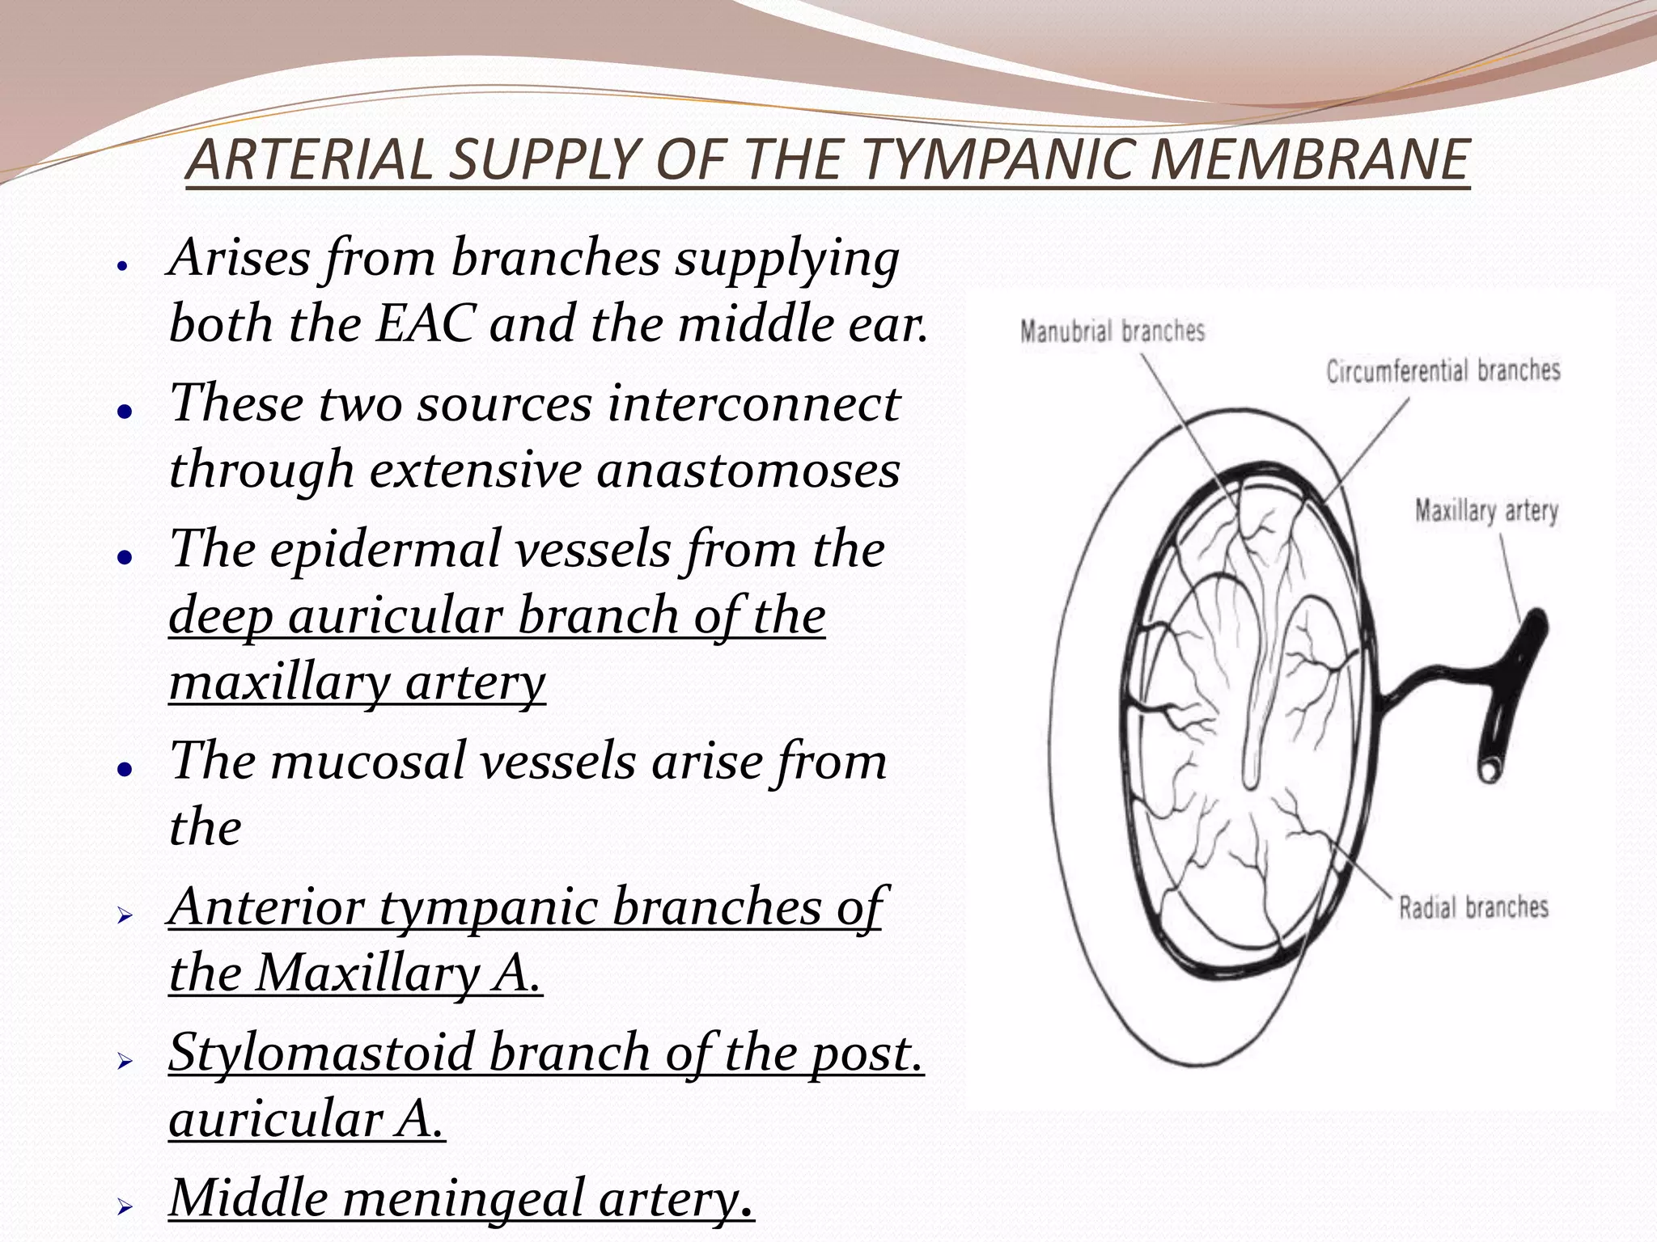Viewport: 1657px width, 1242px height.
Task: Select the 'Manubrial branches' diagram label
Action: [1112, 332]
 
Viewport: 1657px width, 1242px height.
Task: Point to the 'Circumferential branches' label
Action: [1443, 370]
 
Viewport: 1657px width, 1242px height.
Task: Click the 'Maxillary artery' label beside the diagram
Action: [1486, 511]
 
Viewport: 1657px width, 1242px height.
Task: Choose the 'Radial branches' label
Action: [1473, 907]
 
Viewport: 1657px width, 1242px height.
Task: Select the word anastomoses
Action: [748, 470]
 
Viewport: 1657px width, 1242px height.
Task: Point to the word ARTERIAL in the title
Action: [311, 159]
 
